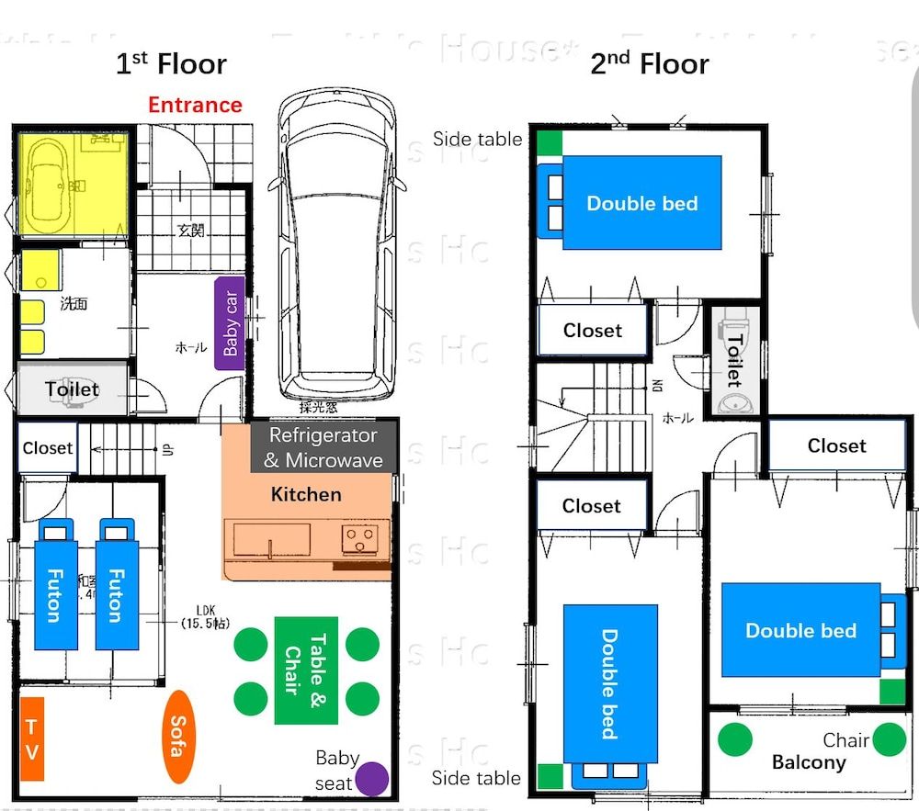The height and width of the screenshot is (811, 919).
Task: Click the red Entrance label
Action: [195, 105]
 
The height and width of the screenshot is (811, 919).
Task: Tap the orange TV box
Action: [32, 738]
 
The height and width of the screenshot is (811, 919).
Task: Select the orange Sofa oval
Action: [176, 736]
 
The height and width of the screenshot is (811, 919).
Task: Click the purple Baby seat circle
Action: [372, 779]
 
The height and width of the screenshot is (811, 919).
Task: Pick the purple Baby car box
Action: [230, 323]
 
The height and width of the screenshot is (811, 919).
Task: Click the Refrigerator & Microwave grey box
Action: [323, 447]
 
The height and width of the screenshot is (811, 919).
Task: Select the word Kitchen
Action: [306, 495]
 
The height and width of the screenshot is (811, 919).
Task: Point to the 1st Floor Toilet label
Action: [72, 389]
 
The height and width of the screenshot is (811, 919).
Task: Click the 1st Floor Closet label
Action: [47, 448]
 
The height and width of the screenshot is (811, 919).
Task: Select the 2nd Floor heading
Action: [649, 64]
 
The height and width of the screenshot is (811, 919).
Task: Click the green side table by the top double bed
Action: [550, 143]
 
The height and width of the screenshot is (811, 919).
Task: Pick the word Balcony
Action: [809, 762]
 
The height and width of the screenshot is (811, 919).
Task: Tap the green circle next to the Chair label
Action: [889, 739]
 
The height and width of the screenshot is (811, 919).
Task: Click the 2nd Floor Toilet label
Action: [734, 360]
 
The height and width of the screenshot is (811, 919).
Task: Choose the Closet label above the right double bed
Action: [836, 446]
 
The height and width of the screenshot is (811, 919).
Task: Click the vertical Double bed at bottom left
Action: [609, 683]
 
